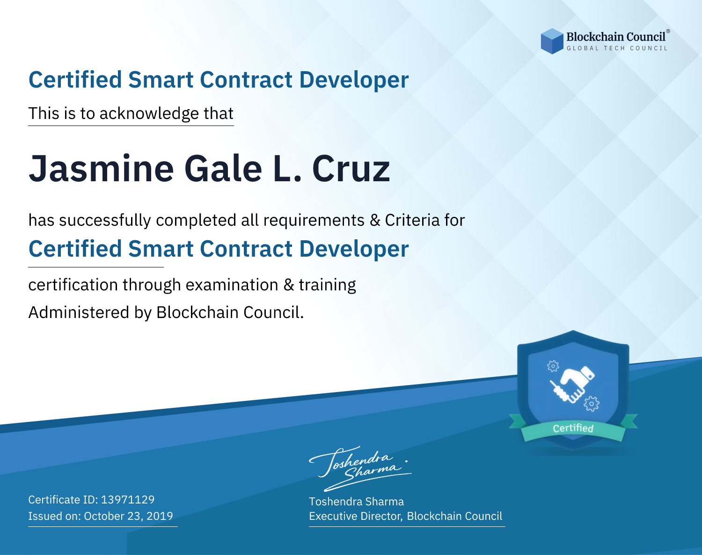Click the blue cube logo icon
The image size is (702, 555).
[x=552, y=41]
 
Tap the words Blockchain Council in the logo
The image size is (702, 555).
[x=616, y=37]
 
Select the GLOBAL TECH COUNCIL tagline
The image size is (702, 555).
[x=617, y=48]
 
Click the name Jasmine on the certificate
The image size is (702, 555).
[x=101, y=169]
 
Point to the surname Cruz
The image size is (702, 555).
[x=351, y=169]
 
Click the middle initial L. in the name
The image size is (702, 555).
[x=287, y=169]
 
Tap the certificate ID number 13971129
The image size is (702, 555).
[x=128, y=499]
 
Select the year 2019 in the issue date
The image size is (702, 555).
[x=160, y=516]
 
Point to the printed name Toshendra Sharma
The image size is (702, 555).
[x=356, y=502]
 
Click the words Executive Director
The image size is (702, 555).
[x=355, y=516]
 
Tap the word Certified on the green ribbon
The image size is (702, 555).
[x=573, y=428]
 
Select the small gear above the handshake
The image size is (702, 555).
[x=553, y=366]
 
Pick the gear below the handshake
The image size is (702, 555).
[x=592, y=404]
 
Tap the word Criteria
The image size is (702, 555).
[x=412, y=220]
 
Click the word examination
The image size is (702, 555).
[x=232, y=285]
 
